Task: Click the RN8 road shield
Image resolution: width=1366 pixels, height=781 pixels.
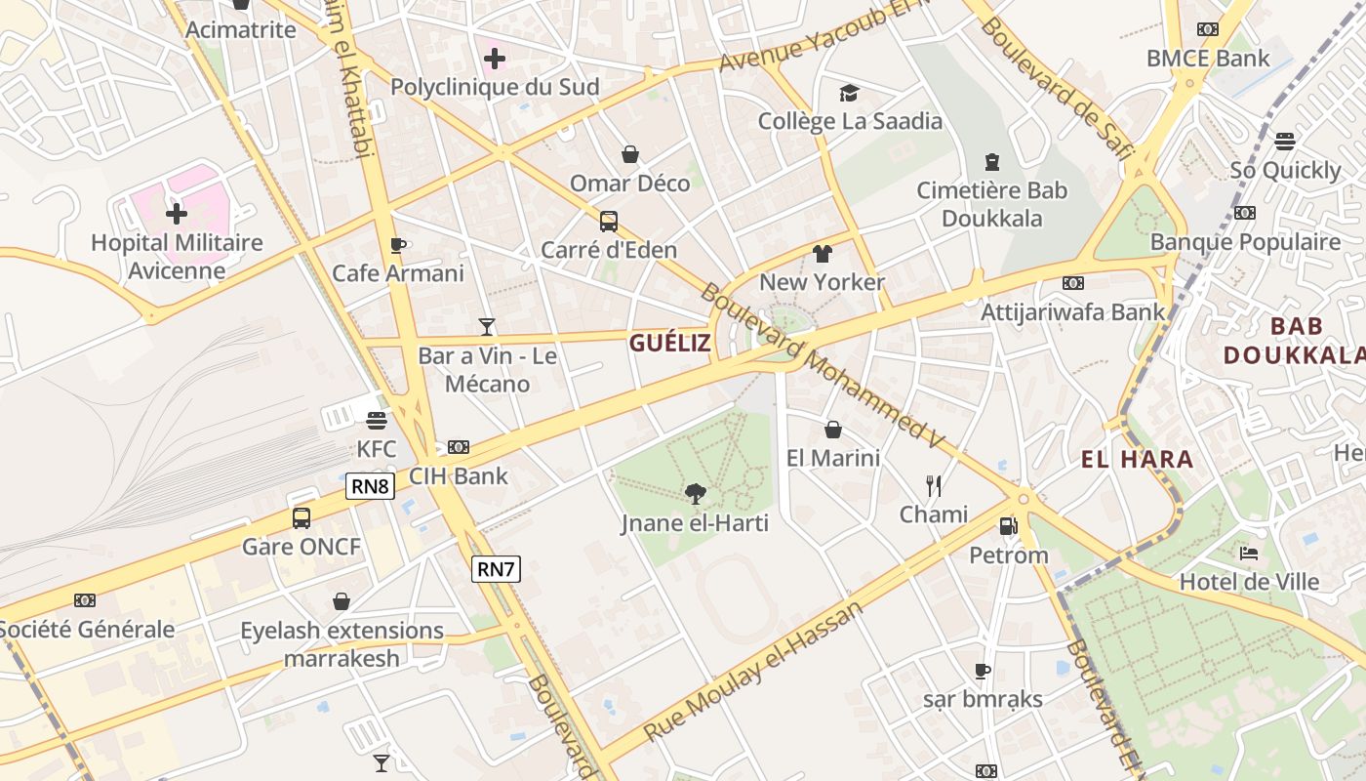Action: coord(370,485)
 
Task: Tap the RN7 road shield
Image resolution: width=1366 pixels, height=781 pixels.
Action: coord(496,568)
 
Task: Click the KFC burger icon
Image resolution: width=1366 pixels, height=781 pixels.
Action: coord(377,421)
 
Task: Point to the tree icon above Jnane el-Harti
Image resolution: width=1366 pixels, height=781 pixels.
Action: coord(695,494)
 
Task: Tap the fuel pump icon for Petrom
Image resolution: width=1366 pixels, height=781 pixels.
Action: coord(1008,526)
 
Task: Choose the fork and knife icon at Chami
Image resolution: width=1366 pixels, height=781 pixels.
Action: coord(934,485)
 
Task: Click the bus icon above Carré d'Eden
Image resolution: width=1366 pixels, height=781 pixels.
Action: coord(609,222)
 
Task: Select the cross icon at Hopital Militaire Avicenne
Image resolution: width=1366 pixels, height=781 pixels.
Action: coord(177,213)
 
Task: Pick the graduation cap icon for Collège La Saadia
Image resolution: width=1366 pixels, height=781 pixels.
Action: coord(849,93)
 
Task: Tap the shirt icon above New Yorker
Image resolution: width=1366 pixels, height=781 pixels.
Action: coord(822,254)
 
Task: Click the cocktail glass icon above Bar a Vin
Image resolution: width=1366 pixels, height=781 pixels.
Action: coord(487,327)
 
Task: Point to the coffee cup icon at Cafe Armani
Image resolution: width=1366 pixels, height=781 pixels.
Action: coord(397,245)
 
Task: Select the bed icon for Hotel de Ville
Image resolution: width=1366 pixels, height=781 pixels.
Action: coord(1249,554)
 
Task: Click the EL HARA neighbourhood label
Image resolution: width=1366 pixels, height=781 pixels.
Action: coord(1137,459)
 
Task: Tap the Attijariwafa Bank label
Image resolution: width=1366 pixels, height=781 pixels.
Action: coord(1073,312)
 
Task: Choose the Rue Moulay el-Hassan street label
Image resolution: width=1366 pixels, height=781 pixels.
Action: coord(754,672)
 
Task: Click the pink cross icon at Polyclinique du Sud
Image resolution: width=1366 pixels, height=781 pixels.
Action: coord(495,59)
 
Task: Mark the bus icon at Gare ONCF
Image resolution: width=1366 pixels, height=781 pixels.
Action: coord(301,517)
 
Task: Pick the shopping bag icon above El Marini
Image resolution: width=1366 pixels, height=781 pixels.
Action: coord(833,430)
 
